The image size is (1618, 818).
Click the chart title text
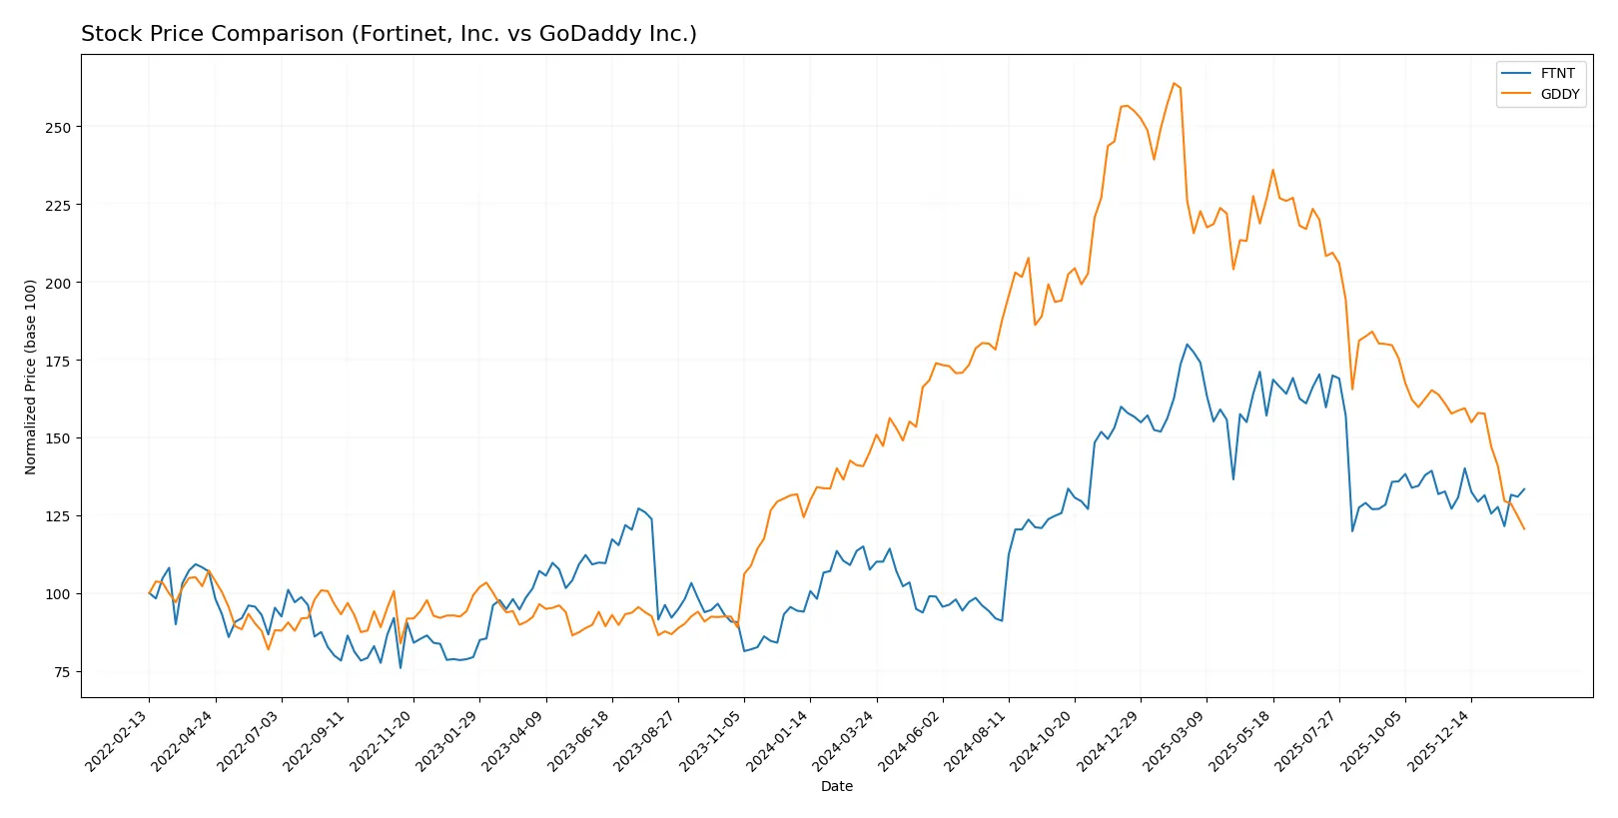tap(389, 34)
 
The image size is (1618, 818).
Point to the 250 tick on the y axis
tap(57, 128)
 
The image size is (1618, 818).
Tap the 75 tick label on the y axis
tap(61, 672)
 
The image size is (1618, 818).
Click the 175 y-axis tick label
tap(57, 361)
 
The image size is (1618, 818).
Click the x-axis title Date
tap(836, 786)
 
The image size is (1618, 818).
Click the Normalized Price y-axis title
tap(31, 377)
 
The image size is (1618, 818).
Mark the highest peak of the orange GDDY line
tap(1174, 83)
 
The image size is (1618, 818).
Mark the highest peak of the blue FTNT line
tap(1187, 345)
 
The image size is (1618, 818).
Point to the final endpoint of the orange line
tap(1524, 529)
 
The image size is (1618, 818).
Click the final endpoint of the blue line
tap(1524, 489)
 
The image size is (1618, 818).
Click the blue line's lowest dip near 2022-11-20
tap(401, 667)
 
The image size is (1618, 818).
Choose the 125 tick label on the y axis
tap(57, 516)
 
